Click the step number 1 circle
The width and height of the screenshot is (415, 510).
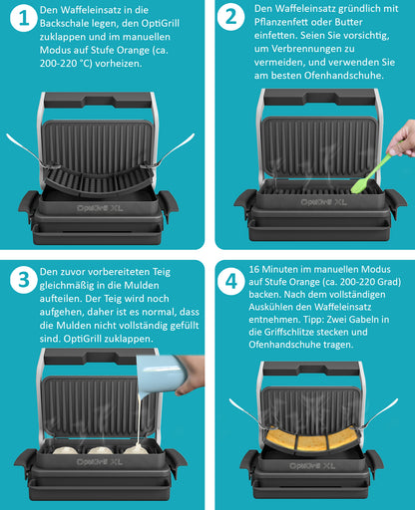tap(23, 19)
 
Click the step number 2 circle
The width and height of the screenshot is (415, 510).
tap(231, 17)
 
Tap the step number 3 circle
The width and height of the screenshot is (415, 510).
tap(23, 280)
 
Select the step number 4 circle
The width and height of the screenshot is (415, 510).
tap(231, 282)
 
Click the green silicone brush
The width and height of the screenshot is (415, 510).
tap(372, 173)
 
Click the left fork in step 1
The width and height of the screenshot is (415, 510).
tap(29, 150)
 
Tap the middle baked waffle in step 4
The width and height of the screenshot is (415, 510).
tap(312, 442)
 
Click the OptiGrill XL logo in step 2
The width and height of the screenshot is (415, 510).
tap(323, 202)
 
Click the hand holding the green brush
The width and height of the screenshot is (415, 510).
tap(403, 138)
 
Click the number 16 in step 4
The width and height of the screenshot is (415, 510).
tap(253, 269)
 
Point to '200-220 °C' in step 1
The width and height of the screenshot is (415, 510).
tap(66, 64)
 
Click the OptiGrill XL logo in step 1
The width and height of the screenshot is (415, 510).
tap(100, 208)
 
